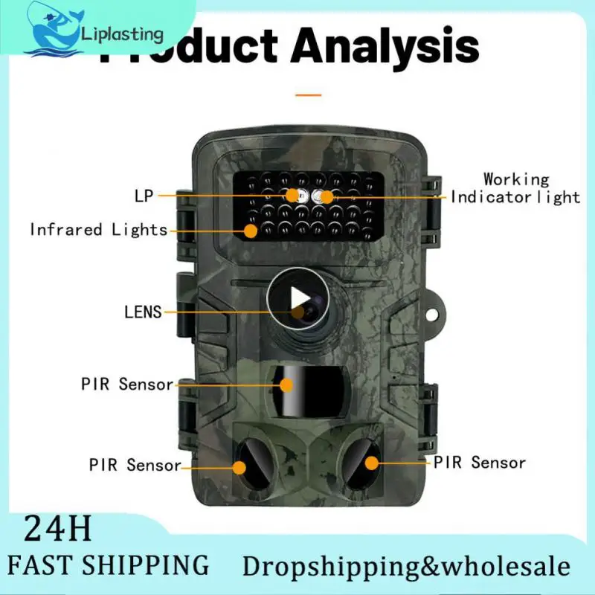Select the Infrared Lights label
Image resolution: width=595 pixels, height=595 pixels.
(98, 230)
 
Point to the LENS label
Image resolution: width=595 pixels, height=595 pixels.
(143, 312)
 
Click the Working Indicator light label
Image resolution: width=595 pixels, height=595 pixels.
(516, 188)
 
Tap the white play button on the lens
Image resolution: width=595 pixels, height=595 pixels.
(297, 297)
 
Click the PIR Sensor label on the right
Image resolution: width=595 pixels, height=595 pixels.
(480, 463)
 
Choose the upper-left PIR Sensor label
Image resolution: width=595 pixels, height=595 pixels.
(127, 385)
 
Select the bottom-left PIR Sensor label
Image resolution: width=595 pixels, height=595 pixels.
(135, 466)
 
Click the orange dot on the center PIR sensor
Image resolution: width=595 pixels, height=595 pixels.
(287, 385)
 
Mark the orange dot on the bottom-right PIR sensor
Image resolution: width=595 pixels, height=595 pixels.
(370, 463)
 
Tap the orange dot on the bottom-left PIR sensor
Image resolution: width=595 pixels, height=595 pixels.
(239, 467)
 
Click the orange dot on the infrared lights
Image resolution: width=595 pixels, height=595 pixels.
(251, 231)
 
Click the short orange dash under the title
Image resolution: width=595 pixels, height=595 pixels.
(308, 95)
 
